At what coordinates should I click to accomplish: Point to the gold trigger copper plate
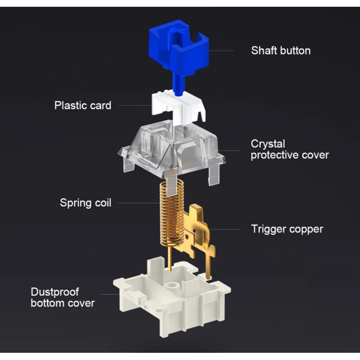click(198, 229)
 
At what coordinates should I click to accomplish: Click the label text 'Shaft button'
click(280, 50)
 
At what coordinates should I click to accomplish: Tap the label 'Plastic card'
click(82, 106)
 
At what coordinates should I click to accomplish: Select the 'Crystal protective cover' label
click(289, 149)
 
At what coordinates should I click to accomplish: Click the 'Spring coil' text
click(85, 202)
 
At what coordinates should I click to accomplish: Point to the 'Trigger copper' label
click(287, 229)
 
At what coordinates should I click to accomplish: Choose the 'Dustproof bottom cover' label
click(63, 297)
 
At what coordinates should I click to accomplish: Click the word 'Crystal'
click(268, 144)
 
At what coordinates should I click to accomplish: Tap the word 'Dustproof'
click(55, 292)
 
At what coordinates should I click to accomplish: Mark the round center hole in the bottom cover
click(171, 286)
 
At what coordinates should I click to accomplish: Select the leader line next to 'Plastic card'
click(133, 106)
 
